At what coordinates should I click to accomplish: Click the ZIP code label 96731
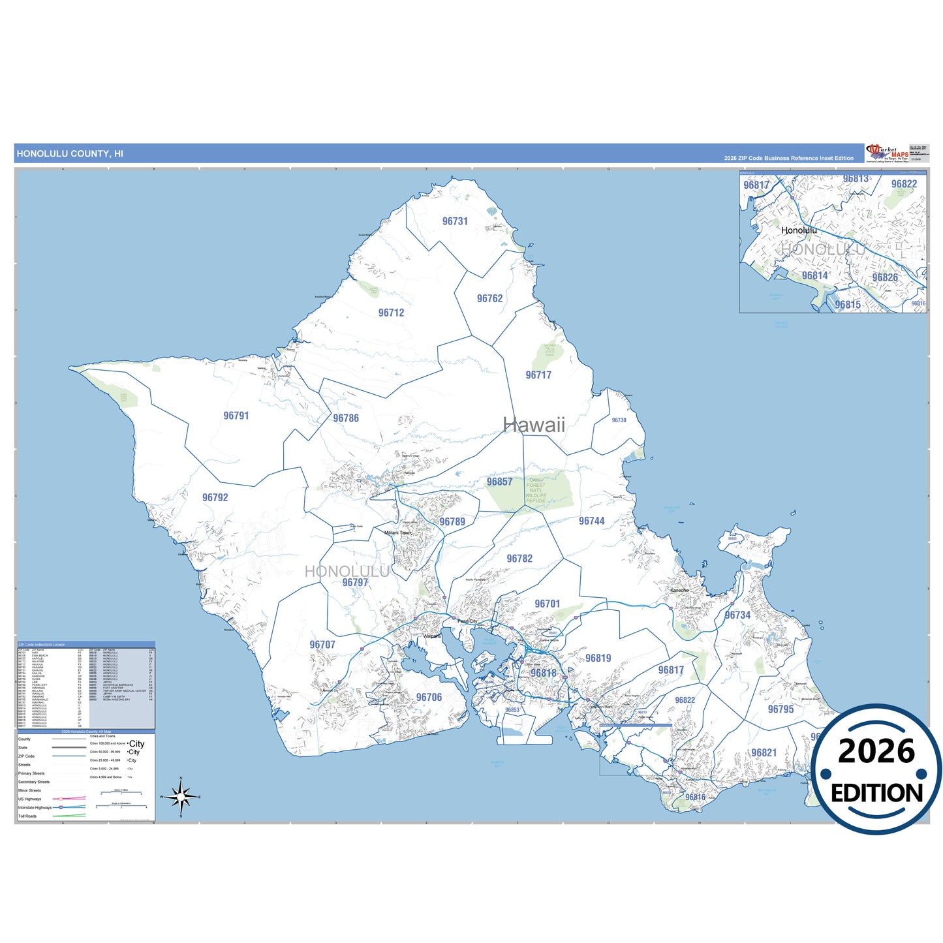coord(455,221)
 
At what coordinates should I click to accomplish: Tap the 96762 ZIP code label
coord(489,298)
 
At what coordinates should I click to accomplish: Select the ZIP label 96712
coord(391,313)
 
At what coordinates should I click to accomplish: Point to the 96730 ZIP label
coord(619,420)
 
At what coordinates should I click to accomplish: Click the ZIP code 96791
coord(236,416)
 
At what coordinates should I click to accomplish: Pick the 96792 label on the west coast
coord(215,497)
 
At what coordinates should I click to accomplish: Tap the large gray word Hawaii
coord(534,425)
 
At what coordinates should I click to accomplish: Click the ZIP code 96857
coord(499,482)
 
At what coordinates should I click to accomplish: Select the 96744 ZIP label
coord(591,521)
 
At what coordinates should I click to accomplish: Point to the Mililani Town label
coord(398,533)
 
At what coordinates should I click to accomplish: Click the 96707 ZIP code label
coord(322,645)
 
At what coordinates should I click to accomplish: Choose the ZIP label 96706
coord(429,697)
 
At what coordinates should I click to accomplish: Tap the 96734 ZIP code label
coord(737,615)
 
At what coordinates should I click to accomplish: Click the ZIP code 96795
coord(781,709)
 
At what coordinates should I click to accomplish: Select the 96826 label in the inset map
coord(885,277)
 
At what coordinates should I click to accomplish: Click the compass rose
coord(181,796)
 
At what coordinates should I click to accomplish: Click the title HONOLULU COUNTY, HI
coord(70,154)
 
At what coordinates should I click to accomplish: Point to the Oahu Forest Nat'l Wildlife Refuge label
coord(536,491)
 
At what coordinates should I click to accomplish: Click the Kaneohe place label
coord(679,590)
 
